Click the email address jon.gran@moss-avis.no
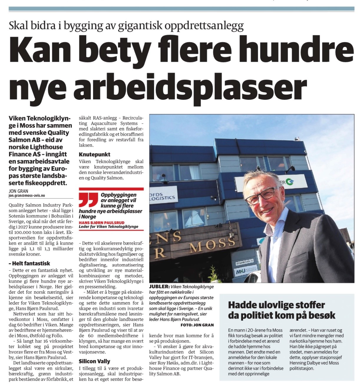27,195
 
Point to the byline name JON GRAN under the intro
19,191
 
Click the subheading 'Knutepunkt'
95,154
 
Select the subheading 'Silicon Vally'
94,361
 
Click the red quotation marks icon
88,200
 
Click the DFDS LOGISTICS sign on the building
164,195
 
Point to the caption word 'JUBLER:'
159,287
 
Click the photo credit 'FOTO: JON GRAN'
197,325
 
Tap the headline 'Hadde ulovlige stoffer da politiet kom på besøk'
281,310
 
